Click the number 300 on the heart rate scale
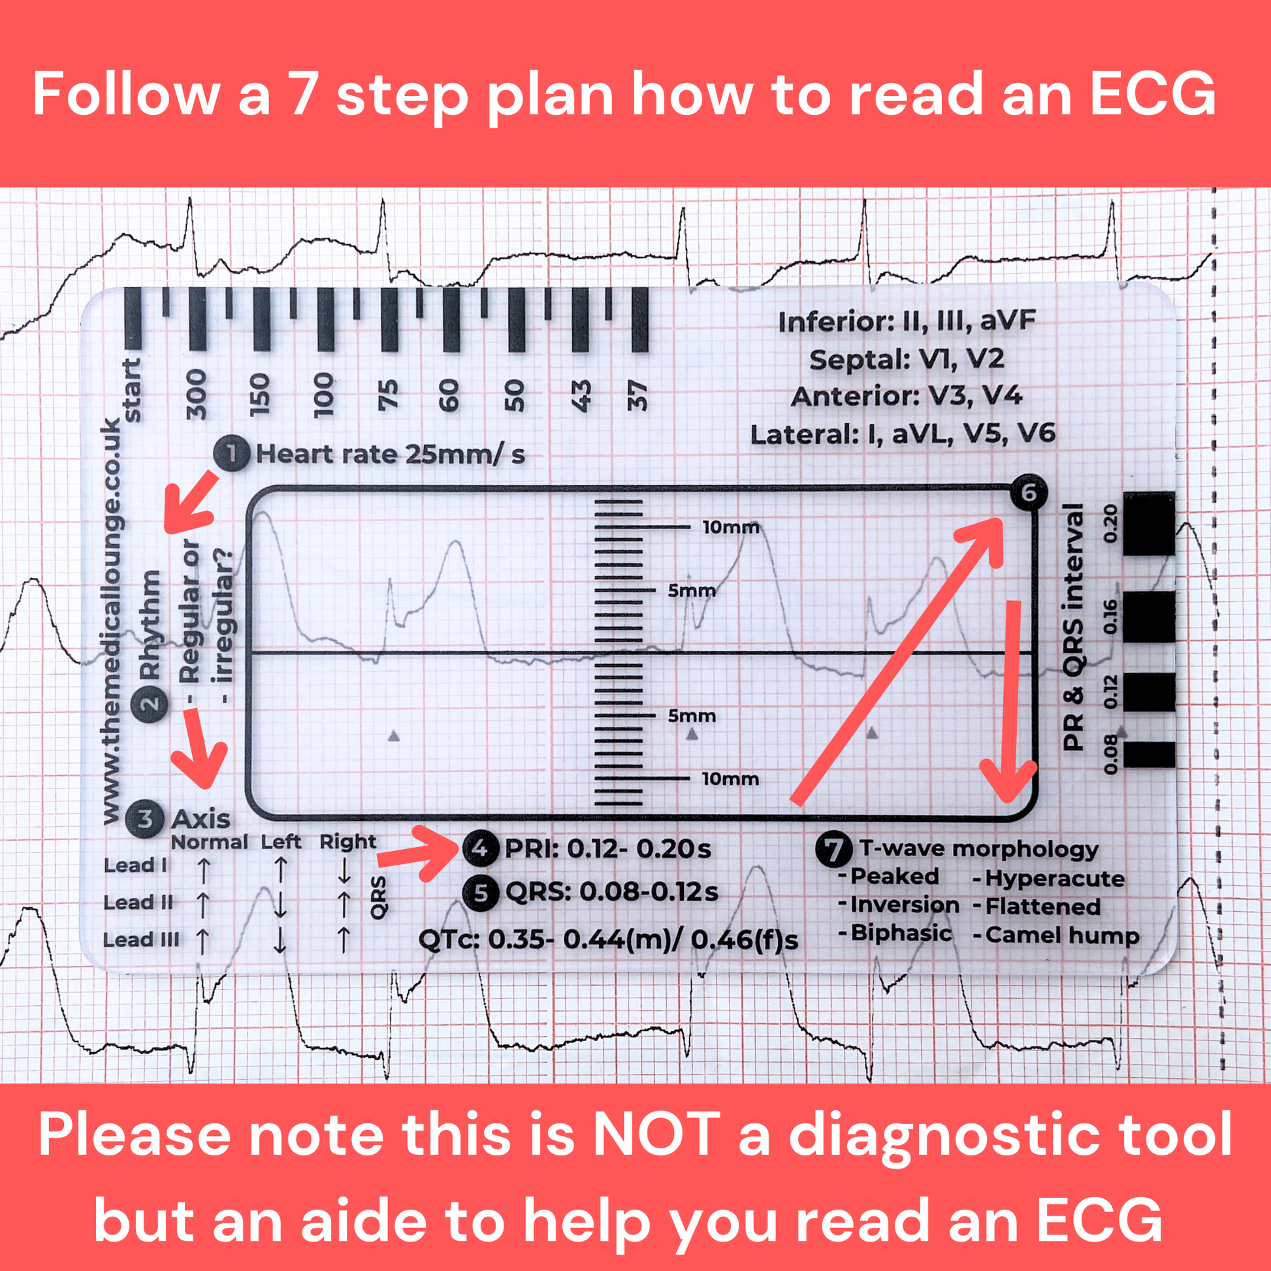[x=196, y=394]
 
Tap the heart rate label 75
[x=388, y=394]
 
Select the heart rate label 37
[x=637, y=395]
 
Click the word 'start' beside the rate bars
[x=132, y=389]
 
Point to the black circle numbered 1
[x=232, y=453]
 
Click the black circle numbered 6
[x=1028, y=492]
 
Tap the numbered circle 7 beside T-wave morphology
[x=834, y=848]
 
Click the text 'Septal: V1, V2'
[x=907, y=359]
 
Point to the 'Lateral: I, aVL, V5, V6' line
[x=903, y=434]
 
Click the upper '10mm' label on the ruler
[x=730, y=527]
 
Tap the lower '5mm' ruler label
[x=692, y=716]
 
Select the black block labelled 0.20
[x=1149, y=523]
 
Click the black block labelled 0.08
[x=1149, y=754]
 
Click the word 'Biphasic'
[x=900, y=933]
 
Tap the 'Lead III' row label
[x=141, y=939]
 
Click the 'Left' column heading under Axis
[x=281, y=841]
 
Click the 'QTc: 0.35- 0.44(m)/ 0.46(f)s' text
[x=608, y=939]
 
